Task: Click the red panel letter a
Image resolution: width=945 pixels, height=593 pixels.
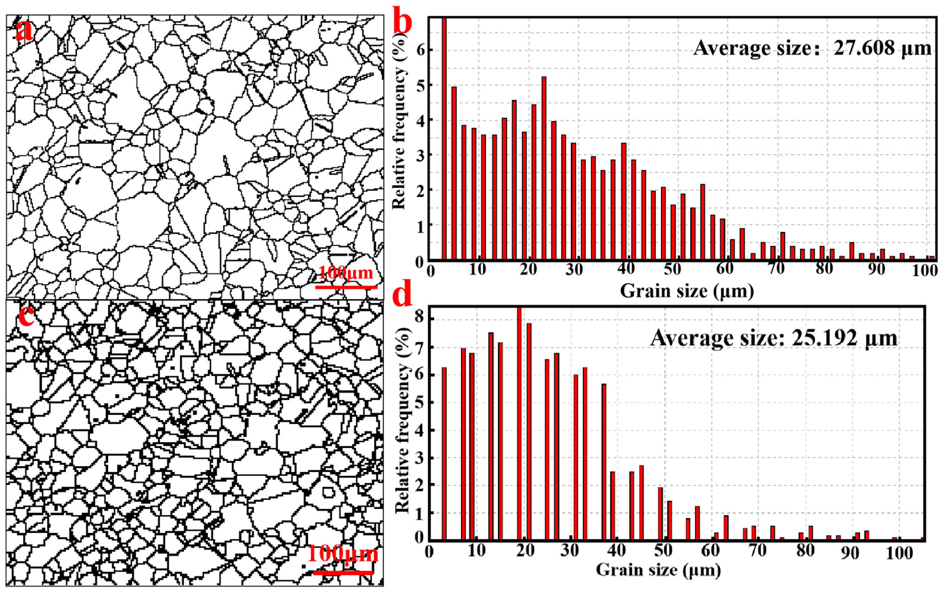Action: coord(24,31)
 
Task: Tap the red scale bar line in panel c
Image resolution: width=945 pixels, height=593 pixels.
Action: coord(343,572)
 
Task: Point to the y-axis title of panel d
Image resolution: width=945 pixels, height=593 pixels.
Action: coord(402,420)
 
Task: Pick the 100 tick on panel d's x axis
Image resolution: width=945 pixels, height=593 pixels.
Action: coord(899,553)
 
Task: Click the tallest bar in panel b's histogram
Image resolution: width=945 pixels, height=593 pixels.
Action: coord(444,139)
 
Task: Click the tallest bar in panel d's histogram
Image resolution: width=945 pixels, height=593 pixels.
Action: coord(519,423)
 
